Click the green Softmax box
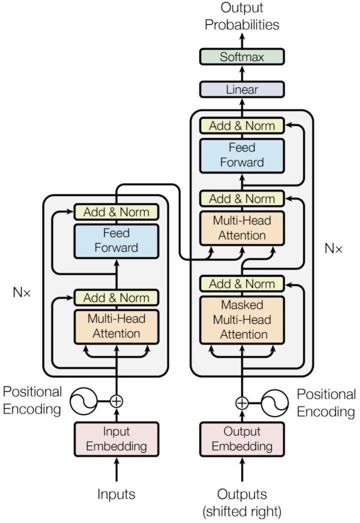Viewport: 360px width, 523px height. click(x=242, y=56)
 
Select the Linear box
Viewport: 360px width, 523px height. click(x=242, y=89)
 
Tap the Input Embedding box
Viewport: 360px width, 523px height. click(x=116, y=439)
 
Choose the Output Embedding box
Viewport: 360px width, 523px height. click(x=242, y=439)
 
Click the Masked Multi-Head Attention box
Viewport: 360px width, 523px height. click(x=242, y=320)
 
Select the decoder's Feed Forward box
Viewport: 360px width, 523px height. click(x=242, y=155)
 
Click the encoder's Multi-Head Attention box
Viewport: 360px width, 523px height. click(x=116, y=326)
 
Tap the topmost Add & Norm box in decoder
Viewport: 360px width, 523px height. click(x=242, y=125)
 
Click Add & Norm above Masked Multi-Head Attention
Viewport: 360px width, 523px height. click(x=242, y=284)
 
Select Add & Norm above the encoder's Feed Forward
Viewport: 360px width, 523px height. click(x=116, y=212)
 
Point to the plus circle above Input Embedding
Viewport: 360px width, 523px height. click(x=116, y=401)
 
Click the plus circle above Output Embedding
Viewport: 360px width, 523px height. click(x=242, y=403)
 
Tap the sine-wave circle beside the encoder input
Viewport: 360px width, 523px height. click(x=83, y=401)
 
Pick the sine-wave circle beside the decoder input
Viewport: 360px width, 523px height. click(x=274, y=403)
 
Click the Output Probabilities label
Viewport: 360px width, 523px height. click(x=242, y=16)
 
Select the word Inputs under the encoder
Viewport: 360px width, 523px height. click(x=116, y=494)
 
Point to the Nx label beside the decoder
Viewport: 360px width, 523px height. click(x=333, y=248)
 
